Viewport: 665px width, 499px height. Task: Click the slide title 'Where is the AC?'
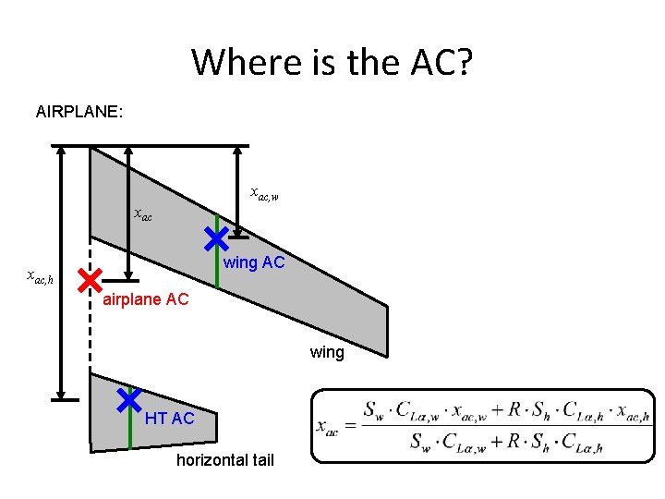coord(332,63)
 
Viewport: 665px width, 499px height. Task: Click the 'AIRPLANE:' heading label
coord(79,113)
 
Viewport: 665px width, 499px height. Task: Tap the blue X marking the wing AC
coord(216,239)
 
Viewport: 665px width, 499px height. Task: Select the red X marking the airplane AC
coord(90,279)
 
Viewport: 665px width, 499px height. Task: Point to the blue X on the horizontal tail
coord(128,399)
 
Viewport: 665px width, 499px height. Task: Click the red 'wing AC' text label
coord(254,263)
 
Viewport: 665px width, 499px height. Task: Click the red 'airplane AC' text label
coord(145,299)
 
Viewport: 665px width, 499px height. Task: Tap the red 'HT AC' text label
coord(169,419)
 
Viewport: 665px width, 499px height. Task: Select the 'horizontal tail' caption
coord(224,460)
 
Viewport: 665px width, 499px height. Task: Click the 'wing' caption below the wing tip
coord(327,352)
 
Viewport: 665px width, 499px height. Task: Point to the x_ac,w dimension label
coord(265,193)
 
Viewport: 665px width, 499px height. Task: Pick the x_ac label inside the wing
coord(143,214)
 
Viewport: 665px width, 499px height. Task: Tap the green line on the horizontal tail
coord(130,431)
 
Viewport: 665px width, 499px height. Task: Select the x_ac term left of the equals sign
coord(327,426)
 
